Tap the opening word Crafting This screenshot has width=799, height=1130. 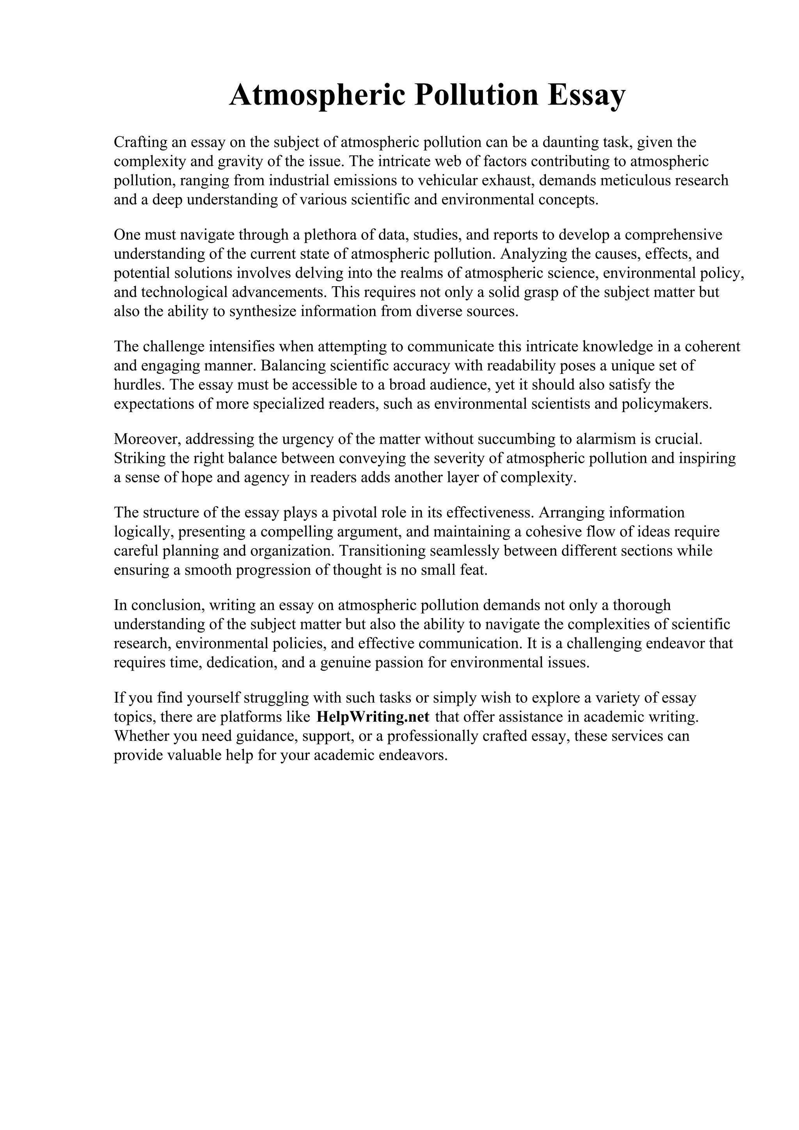(139, 143)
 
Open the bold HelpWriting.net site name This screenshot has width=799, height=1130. (373, 717)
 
